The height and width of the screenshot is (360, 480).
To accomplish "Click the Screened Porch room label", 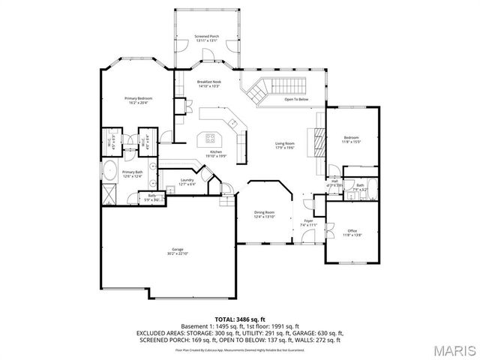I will tap(205, 36).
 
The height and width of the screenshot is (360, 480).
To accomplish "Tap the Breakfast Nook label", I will tap(209, 82).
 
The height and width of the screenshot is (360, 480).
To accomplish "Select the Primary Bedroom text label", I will tap(139, 98).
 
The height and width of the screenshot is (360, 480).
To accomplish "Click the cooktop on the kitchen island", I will tap(210, 138).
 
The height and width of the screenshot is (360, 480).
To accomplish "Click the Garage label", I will tap(178, 249).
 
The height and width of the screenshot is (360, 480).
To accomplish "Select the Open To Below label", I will tap(296, 99).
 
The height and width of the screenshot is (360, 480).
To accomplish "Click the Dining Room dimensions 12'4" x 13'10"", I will tap(264, 217).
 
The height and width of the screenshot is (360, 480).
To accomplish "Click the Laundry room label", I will tap(187, 180).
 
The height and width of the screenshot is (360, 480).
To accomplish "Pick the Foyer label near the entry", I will tap(309, 220).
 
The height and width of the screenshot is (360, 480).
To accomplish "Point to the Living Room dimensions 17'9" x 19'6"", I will tap(284, 148).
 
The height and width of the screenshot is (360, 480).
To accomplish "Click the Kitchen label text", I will tap(216, 152).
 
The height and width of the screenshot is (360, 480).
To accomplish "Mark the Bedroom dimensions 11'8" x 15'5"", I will tap(352, 142).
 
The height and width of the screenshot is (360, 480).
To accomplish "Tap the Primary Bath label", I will tap(133, 172).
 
